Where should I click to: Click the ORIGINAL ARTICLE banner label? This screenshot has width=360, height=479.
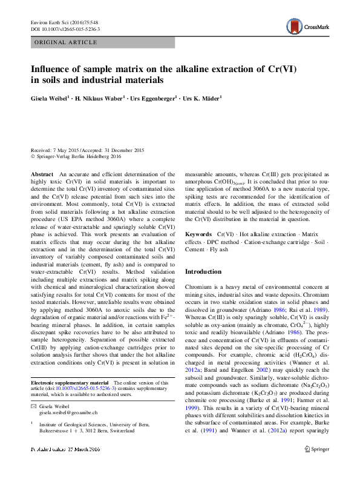tap(66, 42)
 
